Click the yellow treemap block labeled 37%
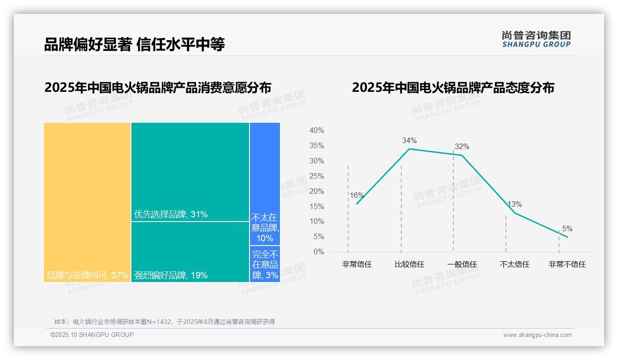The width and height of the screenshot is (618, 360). click(x=87, y=202)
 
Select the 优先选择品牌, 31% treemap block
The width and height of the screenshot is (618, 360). click(x=190, y=172)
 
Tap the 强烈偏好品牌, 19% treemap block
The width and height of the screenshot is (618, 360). click(x=190, y=252)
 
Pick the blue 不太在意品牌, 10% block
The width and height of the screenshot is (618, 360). click(x=265, y=183)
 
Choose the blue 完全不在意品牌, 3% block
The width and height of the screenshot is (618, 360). click(x=265, y=264)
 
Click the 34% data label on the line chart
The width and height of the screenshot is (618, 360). click(x=409, y=140)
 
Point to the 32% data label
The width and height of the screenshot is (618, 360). click(x=462, y=147)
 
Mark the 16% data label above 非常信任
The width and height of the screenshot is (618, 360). click(x=357, y=195)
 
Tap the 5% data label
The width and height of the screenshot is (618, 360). click(x=567, y=229)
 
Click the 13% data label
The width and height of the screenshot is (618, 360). click(x=515, y=204)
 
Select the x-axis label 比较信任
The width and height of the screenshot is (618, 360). click(x=409, y=264)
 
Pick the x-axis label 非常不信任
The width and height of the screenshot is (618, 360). click(x=567, y=264)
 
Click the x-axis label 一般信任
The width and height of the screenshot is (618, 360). click(x=462, y=264)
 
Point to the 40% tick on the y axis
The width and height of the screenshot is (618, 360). click(x=316, y=131)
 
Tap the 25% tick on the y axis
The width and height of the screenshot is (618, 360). click(x=316, y=176)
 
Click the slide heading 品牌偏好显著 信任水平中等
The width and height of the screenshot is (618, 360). click(x=134, y=44)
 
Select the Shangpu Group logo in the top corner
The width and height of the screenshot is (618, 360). click(x=536, y=39)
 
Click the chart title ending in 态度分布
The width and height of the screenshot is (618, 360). click(x=453, y=88)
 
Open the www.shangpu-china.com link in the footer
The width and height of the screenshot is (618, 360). click(x=537, y=335)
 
